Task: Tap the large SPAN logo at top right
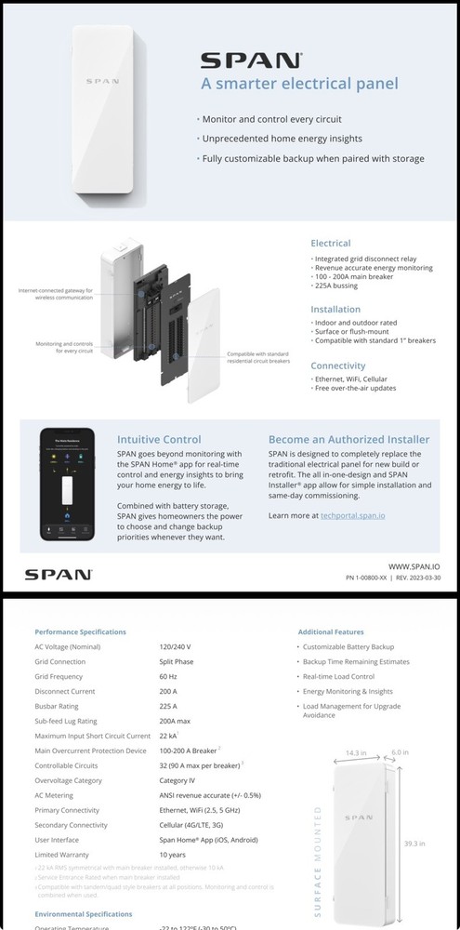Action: [252, 61]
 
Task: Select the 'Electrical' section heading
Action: [330, 244]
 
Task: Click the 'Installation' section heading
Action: [335, 310]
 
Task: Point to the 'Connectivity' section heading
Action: [337, 365]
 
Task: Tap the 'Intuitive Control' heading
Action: [158, 439]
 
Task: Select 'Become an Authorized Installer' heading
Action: [348, 439]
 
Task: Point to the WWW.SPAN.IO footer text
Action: [414, 565]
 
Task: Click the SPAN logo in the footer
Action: [58, 574]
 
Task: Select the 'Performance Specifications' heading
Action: [81, 631]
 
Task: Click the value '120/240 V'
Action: [175, 645]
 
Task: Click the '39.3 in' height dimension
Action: [414, 844]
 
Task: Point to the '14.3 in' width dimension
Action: [358, 751]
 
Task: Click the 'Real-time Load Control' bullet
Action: [338, 676]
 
